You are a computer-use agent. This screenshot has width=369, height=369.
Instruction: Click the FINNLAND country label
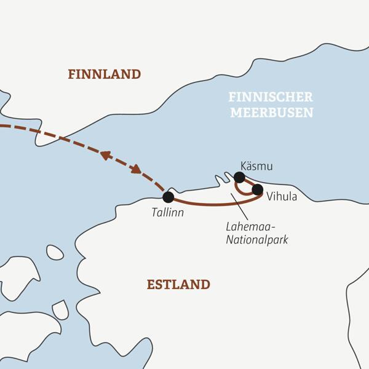105,74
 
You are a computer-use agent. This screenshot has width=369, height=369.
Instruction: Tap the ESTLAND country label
178,285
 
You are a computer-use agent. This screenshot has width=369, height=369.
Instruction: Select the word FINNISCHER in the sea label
271,97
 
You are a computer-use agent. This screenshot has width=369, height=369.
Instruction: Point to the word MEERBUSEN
271,113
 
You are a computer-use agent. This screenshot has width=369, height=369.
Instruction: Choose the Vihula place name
281,197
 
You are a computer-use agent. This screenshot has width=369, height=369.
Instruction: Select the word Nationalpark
256,240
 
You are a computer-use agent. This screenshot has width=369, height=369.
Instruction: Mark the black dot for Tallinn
168,197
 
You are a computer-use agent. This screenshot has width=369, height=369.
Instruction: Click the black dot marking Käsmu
239,177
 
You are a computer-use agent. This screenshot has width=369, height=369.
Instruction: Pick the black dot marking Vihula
257,189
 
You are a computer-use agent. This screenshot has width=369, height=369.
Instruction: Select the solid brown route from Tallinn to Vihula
209,204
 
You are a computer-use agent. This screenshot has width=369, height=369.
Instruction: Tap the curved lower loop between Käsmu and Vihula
244,192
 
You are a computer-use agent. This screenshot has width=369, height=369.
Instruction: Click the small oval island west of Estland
55,252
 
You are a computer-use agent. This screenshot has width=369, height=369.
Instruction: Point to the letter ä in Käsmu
248,166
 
